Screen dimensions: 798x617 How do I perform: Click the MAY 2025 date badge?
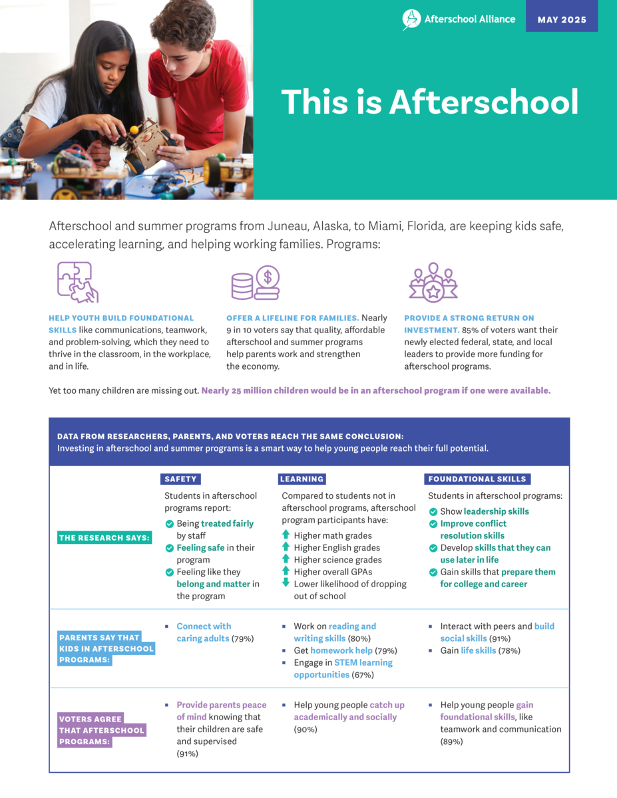(562, 19)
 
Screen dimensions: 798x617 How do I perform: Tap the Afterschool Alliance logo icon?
(411, 19)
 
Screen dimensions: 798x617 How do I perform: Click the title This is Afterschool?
(429, 102)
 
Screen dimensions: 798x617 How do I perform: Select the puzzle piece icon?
(77, 282)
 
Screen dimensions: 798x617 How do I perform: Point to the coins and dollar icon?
(256, 282)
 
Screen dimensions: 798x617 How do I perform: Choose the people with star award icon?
(433, 282)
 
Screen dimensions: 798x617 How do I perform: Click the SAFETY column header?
(180, 479)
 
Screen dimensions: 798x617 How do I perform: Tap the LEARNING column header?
(302, 479)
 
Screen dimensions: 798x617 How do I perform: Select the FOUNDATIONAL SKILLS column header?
(477, 479)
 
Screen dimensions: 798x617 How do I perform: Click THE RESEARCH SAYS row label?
(104, 537)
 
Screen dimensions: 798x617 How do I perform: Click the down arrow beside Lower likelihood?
(286, 583)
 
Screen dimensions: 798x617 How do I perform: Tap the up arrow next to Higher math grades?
(286, 535)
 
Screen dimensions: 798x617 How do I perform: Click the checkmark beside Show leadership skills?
(433, 511)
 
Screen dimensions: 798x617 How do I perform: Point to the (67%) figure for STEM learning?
(363, 675)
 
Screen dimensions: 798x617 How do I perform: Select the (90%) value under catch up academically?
(306, 730)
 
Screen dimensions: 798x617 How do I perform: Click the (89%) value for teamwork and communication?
(452, 741)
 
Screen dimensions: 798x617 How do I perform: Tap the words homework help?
(341, 650)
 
